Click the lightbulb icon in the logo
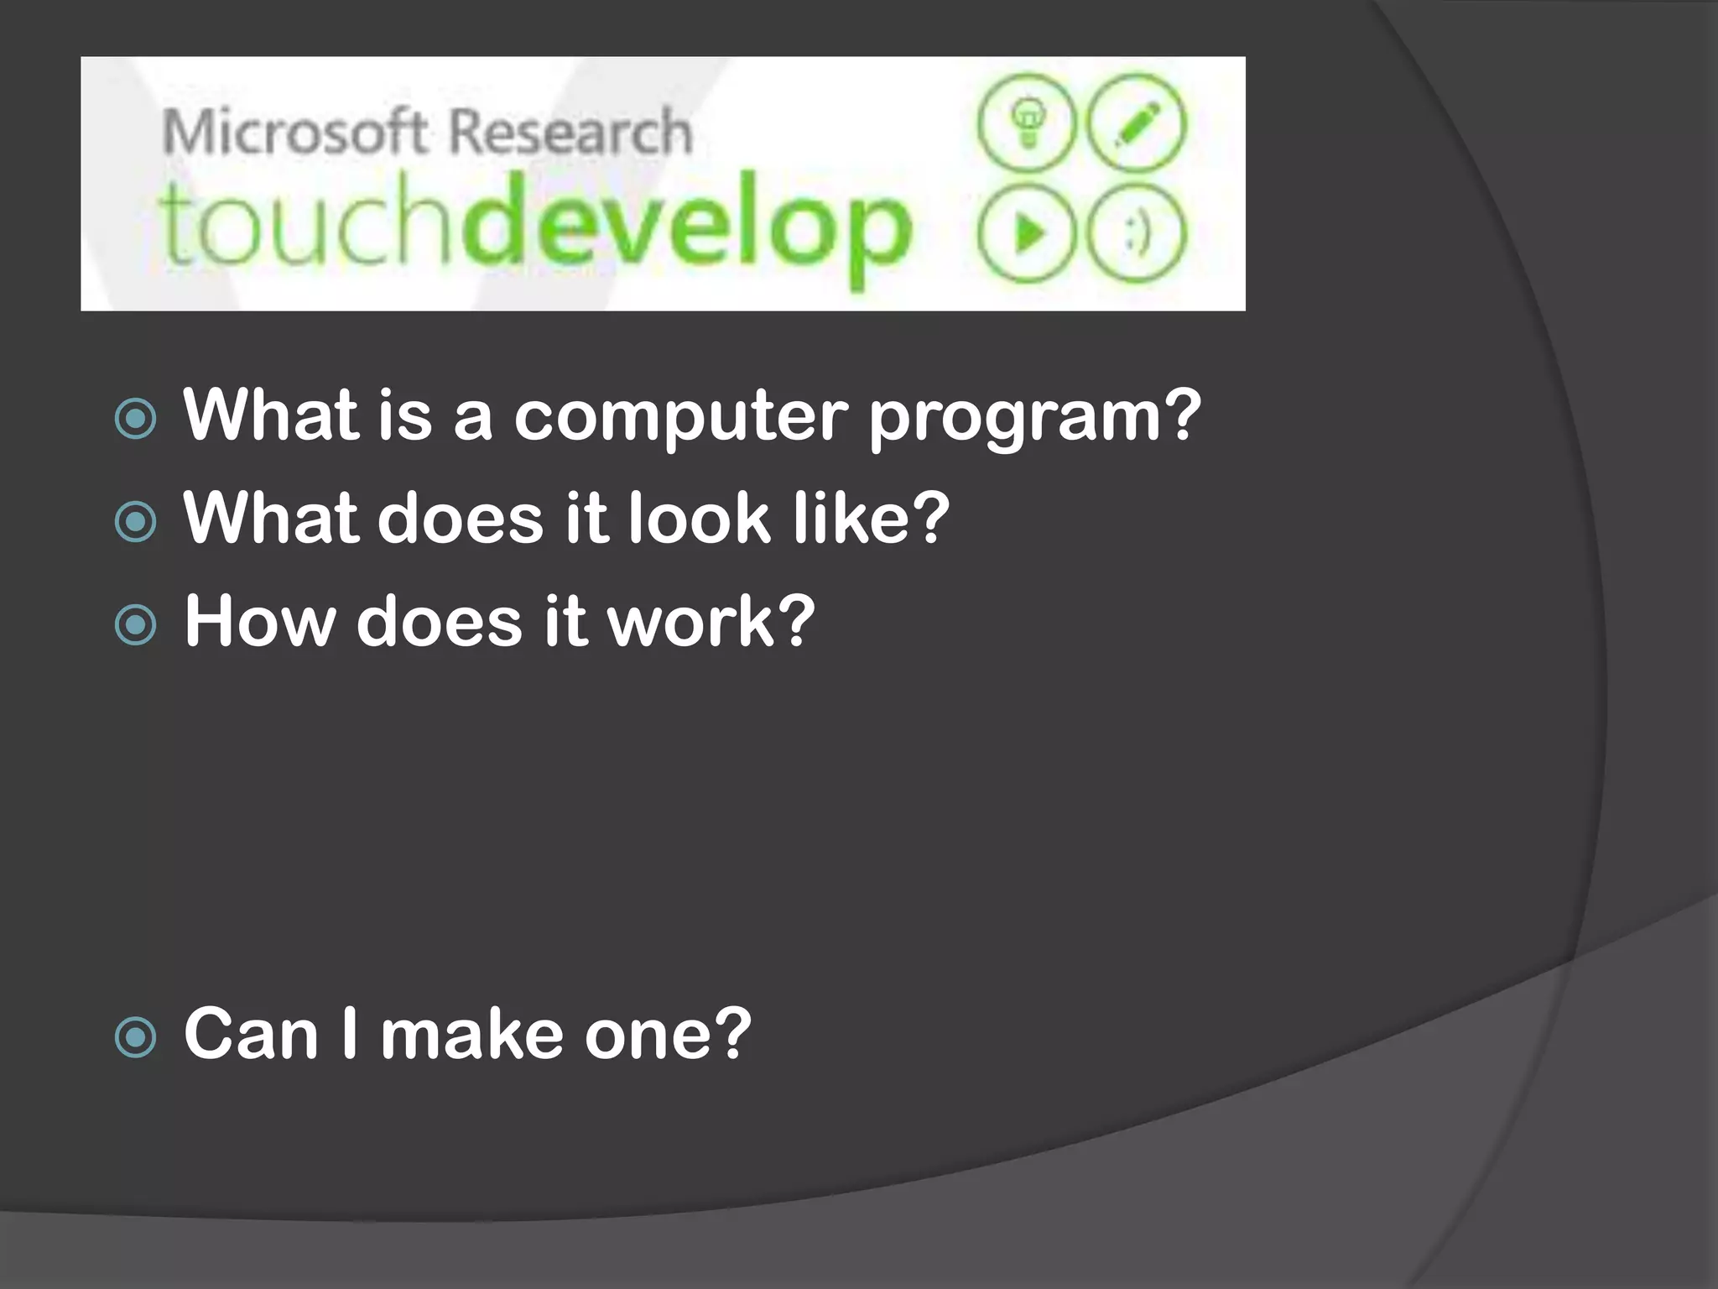pos(1027,123)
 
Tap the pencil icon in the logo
pos(1138,123)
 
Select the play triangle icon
pos(1027,232)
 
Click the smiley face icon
pos(1138,232)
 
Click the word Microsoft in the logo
pos(294,133)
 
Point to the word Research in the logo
pos(570,133)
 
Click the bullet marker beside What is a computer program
pos(136,419)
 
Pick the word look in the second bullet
pos(699,518)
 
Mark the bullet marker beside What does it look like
pos(136,522)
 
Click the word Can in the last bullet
pos(251,1034)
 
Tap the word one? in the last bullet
pos(668,1034)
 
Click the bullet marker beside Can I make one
pos(136,1037)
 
